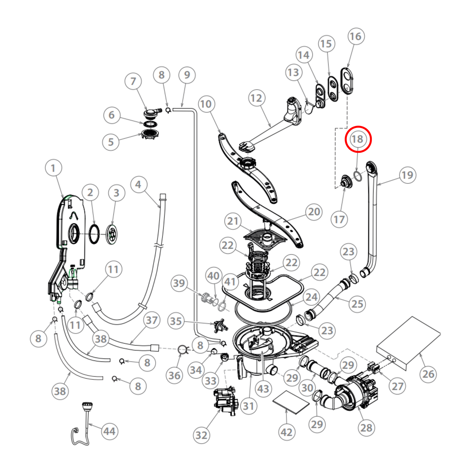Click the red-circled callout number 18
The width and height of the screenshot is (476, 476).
pos(358,139)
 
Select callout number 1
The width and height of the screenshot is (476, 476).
pos(53,168)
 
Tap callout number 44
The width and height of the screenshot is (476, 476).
pos(109,431)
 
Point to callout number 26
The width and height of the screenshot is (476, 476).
pos(428,374)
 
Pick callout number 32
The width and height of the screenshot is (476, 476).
pos(201,435)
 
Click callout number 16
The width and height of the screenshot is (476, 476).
pos(356,36)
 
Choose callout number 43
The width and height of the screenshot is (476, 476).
pos(263,389)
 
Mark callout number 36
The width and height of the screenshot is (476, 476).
pos(174,375)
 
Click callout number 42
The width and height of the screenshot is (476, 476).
pos(287,432)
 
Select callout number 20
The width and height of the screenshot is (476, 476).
pos(314,211)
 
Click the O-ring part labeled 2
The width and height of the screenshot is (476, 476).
pos(94,234)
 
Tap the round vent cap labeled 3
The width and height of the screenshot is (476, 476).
pos(112,234)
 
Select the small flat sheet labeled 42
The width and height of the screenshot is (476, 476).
pos(291,403)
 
